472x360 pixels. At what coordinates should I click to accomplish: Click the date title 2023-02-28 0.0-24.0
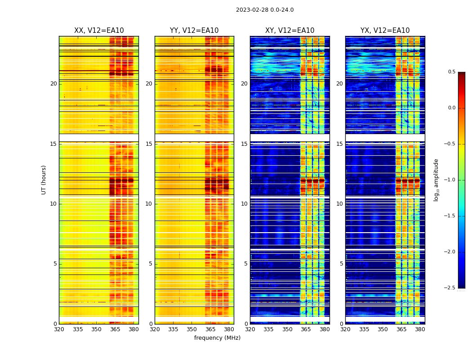coord(265,10)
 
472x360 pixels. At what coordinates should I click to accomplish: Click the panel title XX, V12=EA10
coord(99,31)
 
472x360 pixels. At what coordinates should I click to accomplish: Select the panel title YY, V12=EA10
coord(194,31)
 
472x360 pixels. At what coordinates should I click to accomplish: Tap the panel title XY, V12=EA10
coord(289,31)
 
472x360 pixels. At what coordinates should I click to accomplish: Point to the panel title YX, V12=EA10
coord(385,31)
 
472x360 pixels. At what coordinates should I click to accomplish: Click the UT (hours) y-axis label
coord(44,180)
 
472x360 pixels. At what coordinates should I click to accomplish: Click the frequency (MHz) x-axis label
coord(217,338)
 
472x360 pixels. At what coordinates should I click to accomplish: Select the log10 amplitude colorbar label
coord(436,180)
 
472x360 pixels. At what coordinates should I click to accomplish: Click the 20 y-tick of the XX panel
coord(53,84)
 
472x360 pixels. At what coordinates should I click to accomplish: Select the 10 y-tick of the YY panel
coord(149,204)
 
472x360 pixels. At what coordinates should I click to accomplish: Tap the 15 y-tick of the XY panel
coord(244,144)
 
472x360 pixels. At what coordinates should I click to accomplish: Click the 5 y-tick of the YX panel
coord(341,264)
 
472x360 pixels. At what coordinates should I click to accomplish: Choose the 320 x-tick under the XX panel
coord(59,329)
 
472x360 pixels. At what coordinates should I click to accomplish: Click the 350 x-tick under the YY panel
coord(192,329)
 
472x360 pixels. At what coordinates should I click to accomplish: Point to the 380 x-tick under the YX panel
coord(420,329)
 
